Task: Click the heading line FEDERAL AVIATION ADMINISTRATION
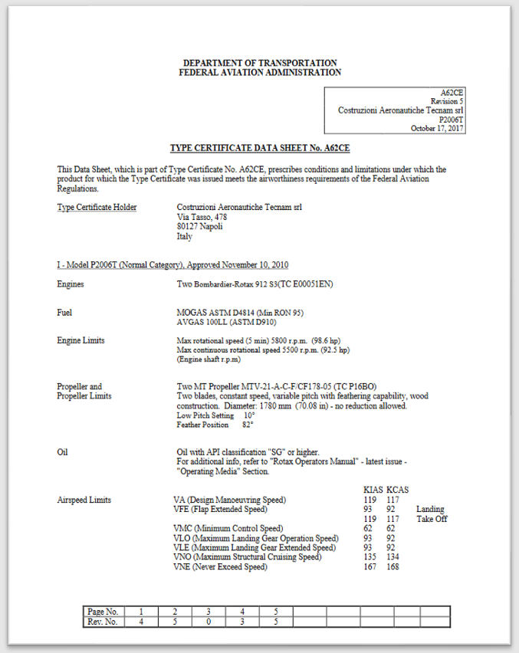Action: tap(259, 72)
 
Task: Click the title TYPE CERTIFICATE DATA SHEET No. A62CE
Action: tap(259, 148)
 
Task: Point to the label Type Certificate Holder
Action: tap(97, 208)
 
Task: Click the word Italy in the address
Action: tap(185, 237)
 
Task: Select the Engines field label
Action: tap(71, 284)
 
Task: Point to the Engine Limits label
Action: tap(80, 340)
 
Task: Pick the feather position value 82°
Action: tap(247, 425)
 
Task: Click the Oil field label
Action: tap(62, 452)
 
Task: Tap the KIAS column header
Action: tap(373, 489)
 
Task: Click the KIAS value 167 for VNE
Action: tap(370, 567)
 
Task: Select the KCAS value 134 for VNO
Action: tap(393, 557)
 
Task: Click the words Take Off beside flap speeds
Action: tap(432, 519)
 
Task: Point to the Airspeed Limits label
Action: tap(84, 500)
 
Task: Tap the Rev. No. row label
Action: tap(103, 622)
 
